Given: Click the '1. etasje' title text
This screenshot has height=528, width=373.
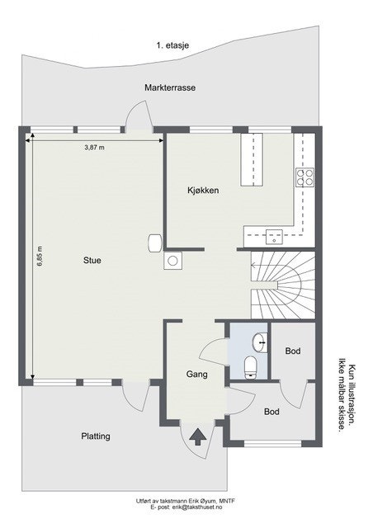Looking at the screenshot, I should tap(172, 46).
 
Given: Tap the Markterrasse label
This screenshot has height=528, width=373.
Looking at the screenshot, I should tap(169, 87).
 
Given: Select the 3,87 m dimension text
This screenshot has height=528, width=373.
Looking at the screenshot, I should tap(96, 148).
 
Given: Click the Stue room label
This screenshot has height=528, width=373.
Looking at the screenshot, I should tap(92, 260).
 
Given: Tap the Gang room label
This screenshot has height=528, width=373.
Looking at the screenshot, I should tap(196, 374).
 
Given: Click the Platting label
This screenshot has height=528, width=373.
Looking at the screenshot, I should tap(96, 436).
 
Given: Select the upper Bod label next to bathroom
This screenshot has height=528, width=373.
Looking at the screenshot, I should tap(292, 351).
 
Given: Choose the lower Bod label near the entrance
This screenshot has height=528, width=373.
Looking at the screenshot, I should tap(272, 411).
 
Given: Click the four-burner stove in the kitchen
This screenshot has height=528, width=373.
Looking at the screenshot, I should tap(305, 176).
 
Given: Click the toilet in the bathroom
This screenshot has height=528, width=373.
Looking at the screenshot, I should tap(253, 364).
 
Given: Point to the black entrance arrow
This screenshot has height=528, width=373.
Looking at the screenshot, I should tap(198, 436).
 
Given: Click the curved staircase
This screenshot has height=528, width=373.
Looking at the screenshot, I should tap(283, 285).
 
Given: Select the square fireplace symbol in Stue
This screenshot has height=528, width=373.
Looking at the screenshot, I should tap(173, 261).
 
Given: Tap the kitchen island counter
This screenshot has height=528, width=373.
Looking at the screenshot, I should tap(250, 161).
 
